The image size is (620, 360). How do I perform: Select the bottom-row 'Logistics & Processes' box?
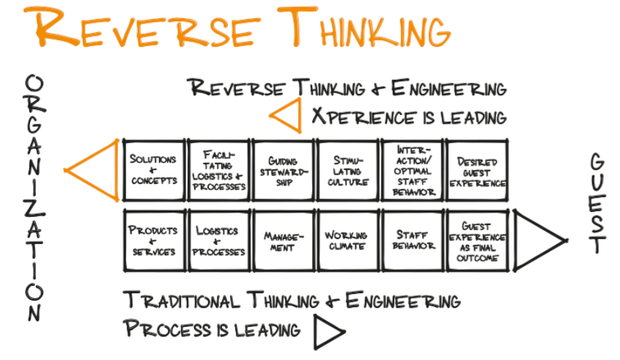pos(217,241)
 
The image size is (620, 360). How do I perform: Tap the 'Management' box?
pos(283,241)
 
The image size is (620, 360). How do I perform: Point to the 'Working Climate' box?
pos(348,241)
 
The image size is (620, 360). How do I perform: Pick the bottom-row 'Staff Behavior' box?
pos(412,241)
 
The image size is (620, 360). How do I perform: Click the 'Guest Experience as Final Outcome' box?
pos(477,241)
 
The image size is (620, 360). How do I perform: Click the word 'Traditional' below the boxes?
pos(190,299)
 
